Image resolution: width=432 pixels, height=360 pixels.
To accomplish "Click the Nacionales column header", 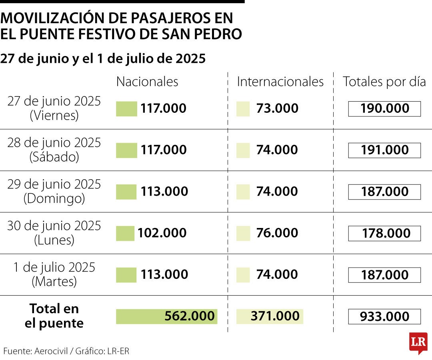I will (147, 82).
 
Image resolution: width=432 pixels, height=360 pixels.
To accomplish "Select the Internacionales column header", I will (280, 82).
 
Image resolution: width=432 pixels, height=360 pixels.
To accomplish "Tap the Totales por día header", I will (384, 82).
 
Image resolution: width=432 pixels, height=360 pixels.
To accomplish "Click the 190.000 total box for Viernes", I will (384, 109).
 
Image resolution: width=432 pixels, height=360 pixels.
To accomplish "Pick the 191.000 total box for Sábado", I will (384, 150).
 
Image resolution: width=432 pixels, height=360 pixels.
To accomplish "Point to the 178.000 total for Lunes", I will (384, 234).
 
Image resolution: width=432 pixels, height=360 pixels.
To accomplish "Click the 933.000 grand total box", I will (384, 317).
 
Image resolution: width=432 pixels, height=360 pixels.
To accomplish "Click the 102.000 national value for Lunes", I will (162, 233).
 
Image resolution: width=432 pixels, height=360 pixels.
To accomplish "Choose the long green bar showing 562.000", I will (166, 316).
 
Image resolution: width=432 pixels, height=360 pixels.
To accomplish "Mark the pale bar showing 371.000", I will (270, 316).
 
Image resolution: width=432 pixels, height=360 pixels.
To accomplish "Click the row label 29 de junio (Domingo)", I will (54, 191).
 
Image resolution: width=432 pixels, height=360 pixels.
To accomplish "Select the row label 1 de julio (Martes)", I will (54, 274).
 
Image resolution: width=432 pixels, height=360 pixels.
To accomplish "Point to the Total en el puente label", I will (54, 316).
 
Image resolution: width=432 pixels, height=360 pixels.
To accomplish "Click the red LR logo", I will (418, 343).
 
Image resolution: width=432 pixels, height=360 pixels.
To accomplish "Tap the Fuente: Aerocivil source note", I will (66, 351).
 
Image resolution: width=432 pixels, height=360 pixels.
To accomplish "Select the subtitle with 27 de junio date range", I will (103, 59).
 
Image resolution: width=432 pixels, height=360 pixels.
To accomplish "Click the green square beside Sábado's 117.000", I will (126, 150).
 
